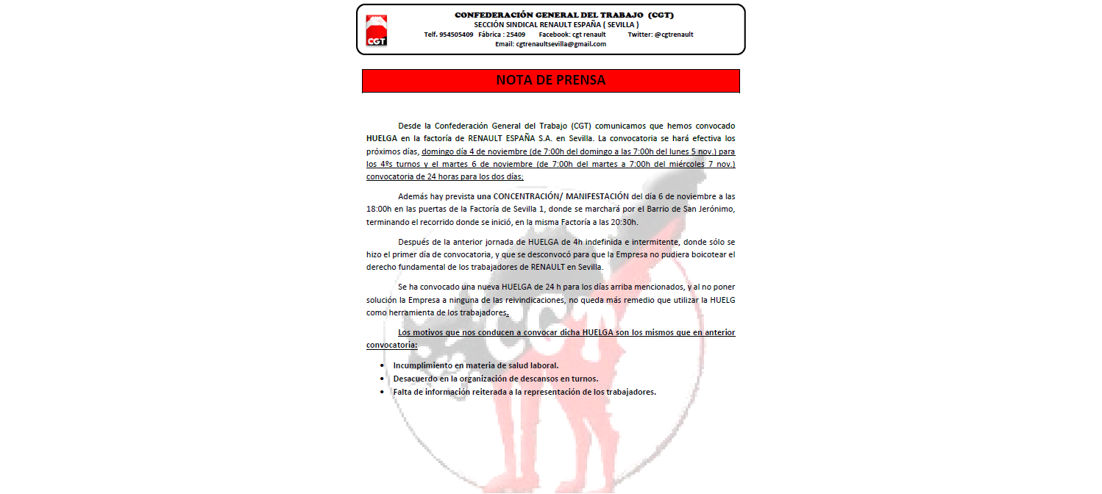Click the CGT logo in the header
(376, 30)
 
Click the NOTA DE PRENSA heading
(550, 80)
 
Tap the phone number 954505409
(457, 35)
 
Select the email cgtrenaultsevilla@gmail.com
(561, 44)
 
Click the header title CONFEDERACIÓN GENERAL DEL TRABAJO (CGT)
(564, 15)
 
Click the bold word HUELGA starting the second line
(380, 137)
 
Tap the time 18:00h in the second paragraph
(381, 209)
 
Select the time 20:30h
(625, 221)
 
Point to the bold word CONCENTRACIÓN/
(524, 196)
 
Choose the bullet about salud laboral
(475, 365)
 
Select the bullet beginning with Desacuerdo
(495, 379)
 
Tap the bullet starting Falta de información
(524, 392)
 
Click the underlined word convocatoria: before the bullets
(391, 345)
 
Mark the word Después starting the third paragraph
(413, 242)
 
